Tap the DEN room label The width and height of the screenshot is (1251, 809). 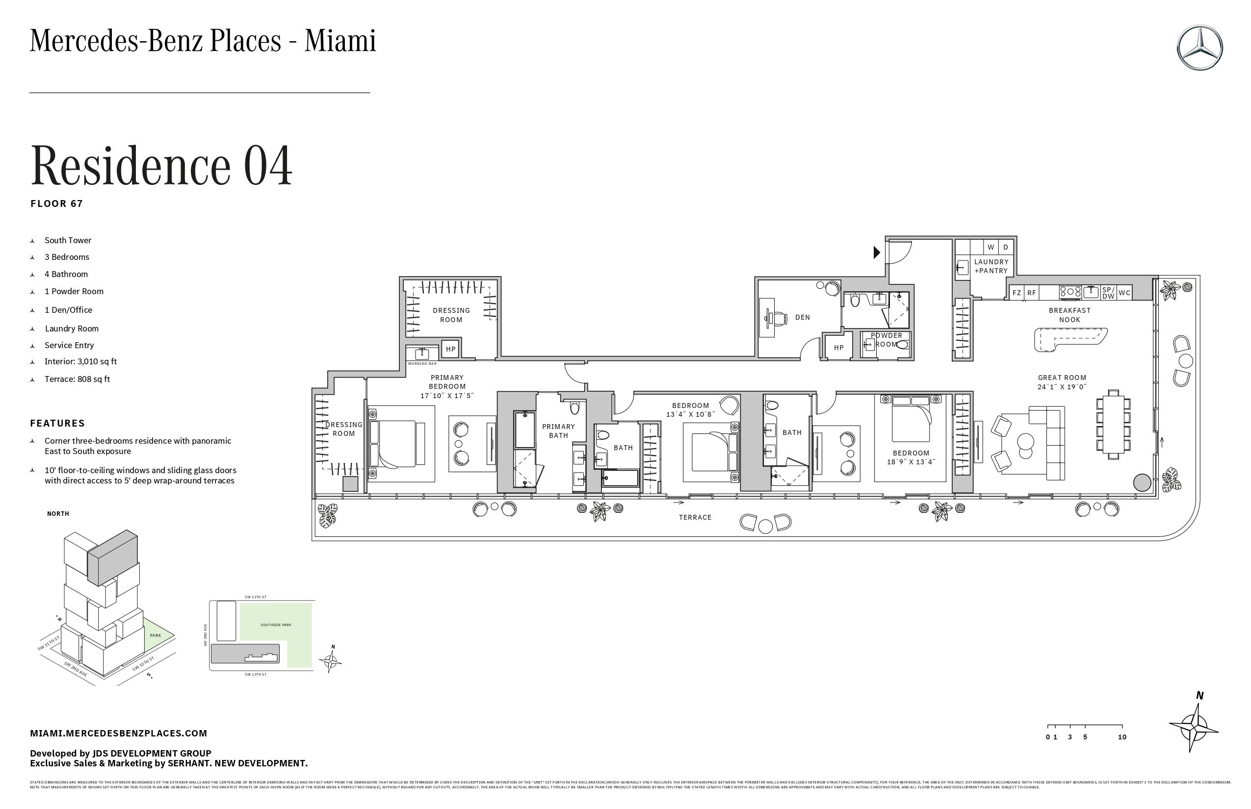click(802, 317)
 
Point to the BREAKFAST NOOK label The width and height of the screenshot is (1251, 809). click(1069, 315)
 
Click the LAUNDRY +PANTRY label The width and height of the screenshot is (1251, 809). click(991, 266)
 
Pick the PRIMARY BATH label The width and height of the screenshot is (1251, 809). click(558, 431)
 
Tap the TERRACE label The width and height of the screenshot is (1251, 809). click(695, 517)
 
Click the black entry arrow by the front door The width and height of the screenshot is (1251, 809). click(876, 253)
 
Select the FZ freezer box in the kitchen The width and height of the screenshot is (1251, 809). click(1016, 293)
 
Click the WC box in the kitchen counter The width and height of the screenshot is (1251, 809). click(1124, 293)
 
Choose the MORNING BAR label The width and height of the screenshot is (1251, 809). click(422, 363)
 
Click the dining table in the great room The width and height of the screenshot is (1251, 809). click(1113, 425)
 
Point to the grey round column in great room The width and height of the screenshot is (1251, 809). click(1142, 482)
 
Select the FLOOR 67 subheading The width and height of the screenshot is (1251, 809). click(57, 204)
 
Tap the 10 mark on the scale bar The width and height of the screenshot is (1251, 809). click(1121, 737)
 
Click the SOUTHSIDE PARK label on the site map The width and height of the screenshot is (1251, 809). click(275, 625)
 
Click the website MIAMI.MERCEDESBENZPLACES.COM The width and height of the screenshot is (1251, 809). click(118, 733)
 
